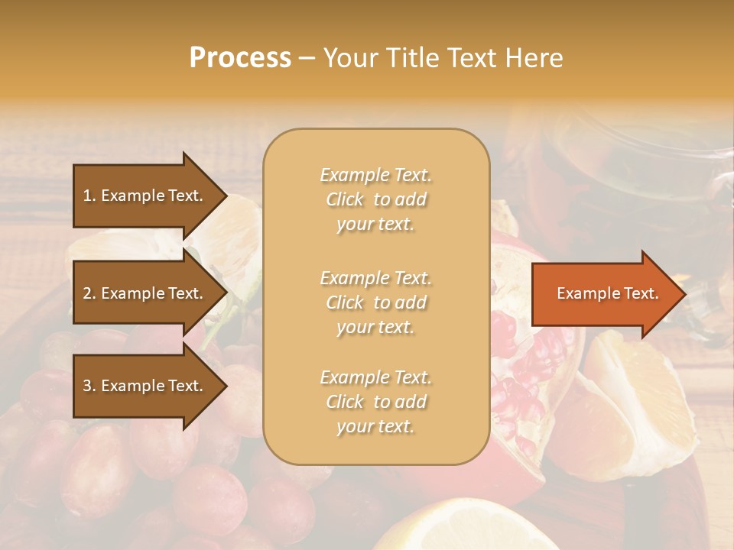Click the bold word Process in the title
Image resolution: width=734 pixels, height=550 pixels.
click(x=240, y=58)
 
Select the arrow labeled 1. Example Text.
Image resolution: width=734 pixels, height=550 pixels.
click(x=145, y=196)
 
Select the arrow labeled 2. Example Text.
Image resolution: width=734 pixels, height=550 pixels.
click(x=145, y=293)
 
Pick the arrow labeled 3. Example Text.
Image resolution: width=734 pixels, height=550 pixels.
click(x=145, y=386)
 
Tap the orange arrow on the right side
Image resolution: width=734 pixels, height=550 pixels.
click(x=604, y=294)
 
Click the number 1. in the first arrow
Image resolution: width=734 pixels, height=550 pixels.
click(x=89, y=196)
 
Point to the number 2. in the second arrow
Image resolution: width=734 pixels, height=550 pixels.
click(x=89, y=293)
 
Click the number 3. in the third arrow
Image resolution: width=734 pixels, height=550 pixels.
click(x=89, y=386)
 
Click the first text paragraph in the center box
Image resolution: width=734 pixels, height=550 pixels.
click(x=375, y=199)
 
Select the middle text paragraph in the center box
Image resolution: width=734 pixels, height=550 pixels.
click(x=375, y=302)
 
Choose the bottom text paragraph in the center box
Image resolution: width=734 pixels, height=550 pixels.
click(x=375, y=402)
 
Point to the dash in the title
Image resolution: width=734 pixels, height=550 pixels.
click(x=307, y=58)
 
